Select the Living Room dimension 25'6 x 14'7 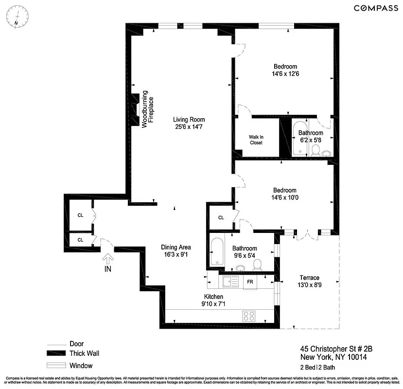pyautogui.click(x=189, y=127)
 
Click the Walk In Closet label pyautogui.click(x=256, y=140)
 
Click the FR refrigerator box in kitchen pyautogui.click(x=250, y=282)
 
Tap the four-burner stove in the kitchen pyautogui.click(x=249, y=316)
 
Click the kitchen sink pyautogui.click(x=228, y=281)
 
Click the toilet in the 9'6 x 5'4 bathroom pyautogui.click(x=258, y=264)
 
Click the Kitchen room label pyautogui.click(x=213, y=297)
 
